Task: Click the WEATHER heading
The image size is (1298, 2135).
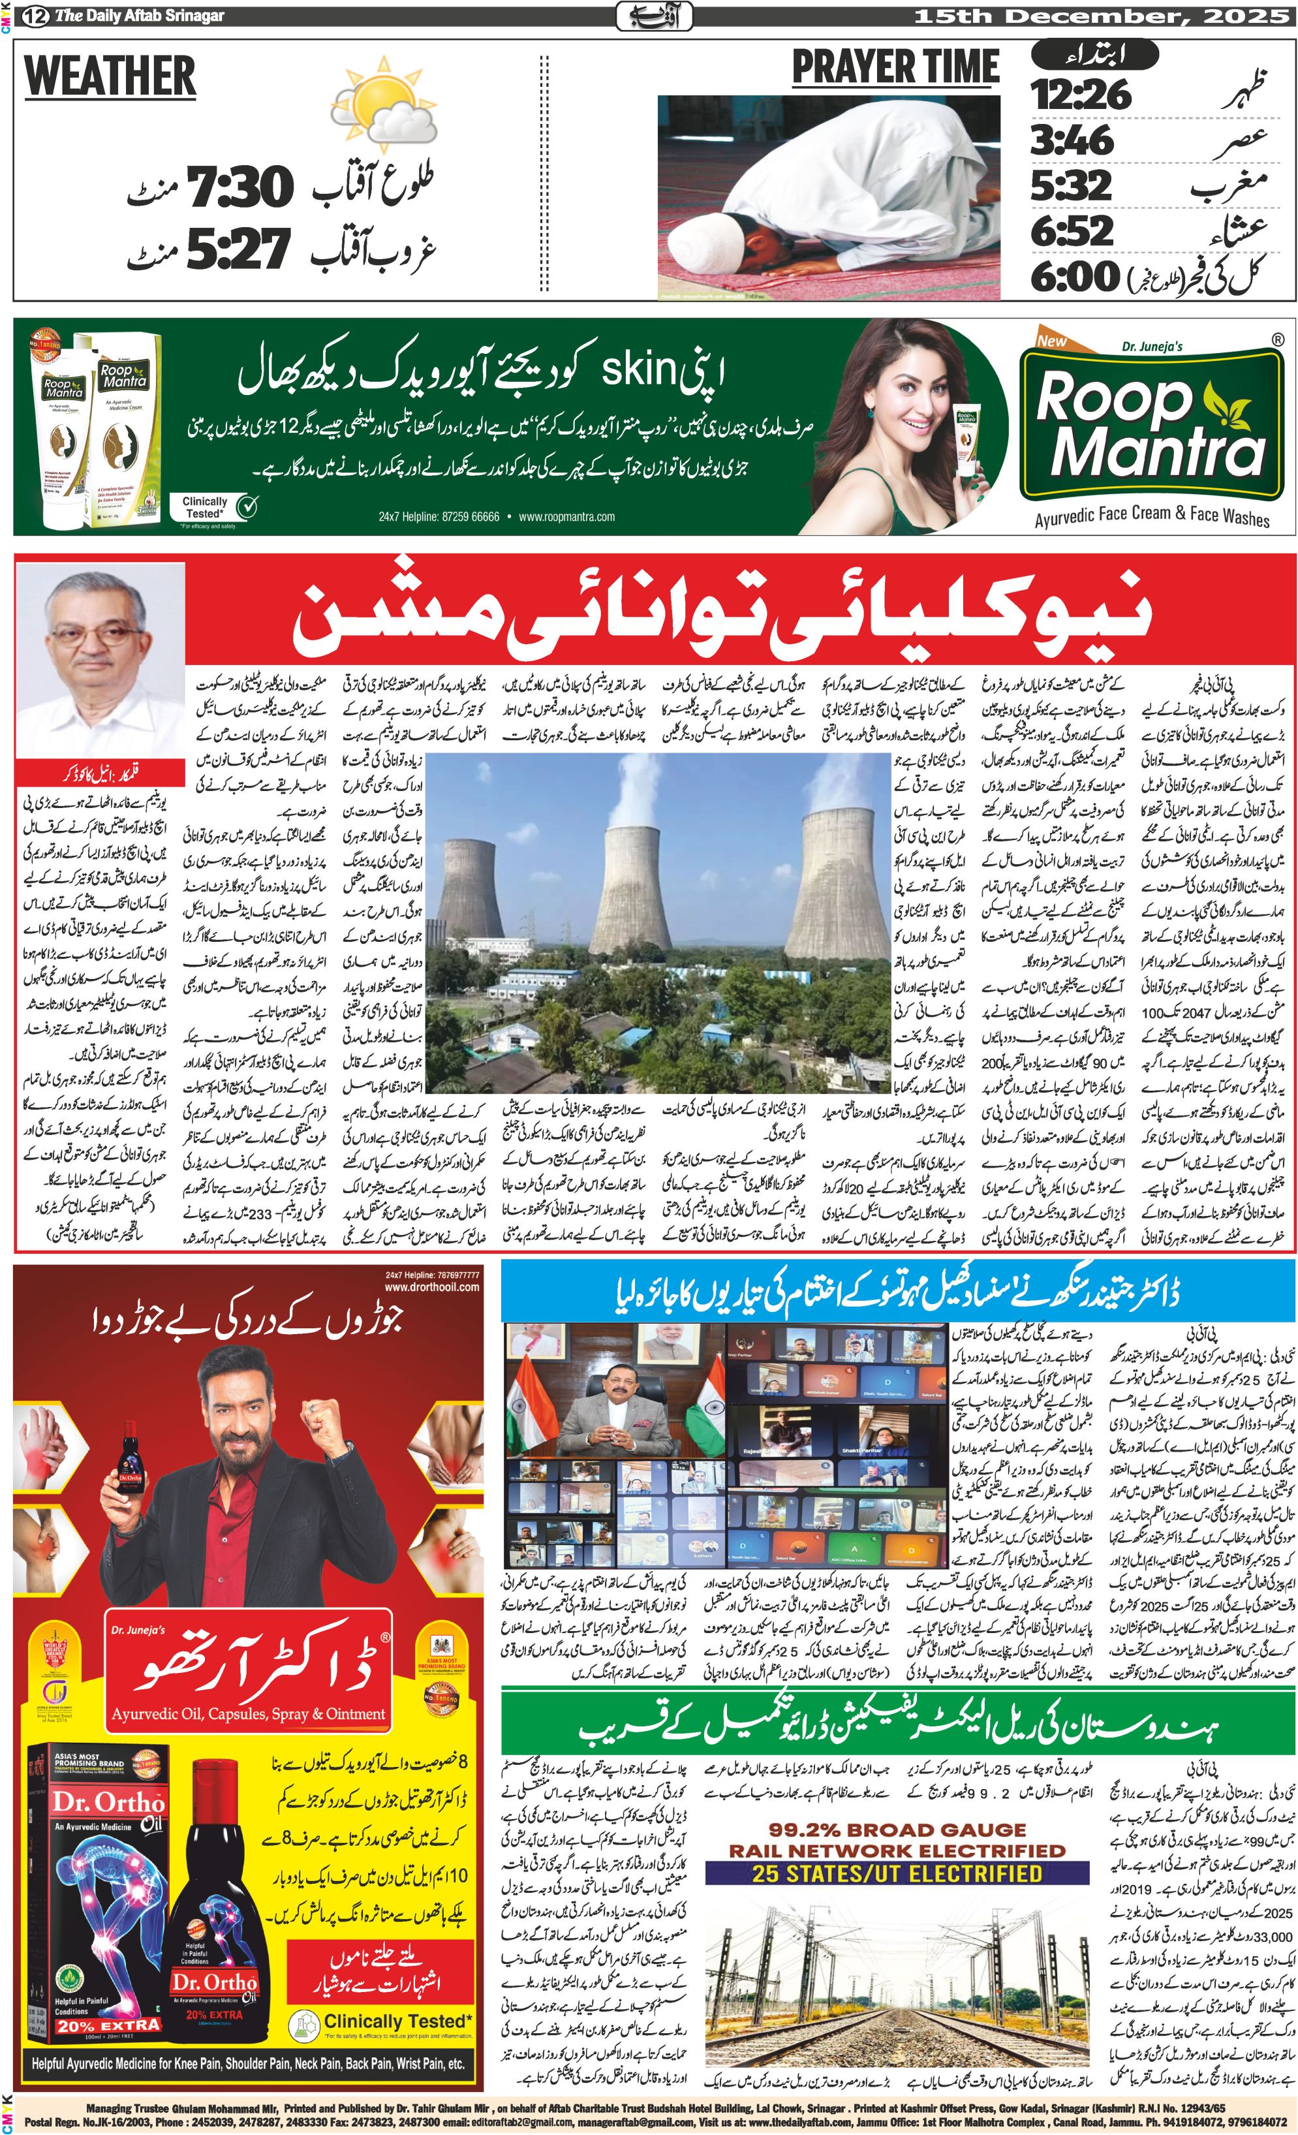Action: click(110, 76)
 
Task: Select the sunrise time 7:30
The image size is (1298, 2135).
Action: click(241, 188)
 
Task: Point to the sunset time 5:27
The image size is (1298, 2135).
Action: click(238, 249)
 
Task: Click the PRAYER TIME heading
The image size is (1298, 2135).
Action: click(895, 68)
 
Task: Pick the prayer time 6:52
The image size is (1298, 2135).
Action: click(1072, 230)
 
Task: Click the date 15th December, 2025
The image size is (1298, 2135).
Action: click(1089, 16)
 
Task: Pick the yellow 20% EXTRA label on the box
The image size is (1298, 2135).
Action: click(108, 2026)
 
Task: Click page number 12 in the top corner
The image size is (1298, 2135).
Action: click(35, 16)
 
